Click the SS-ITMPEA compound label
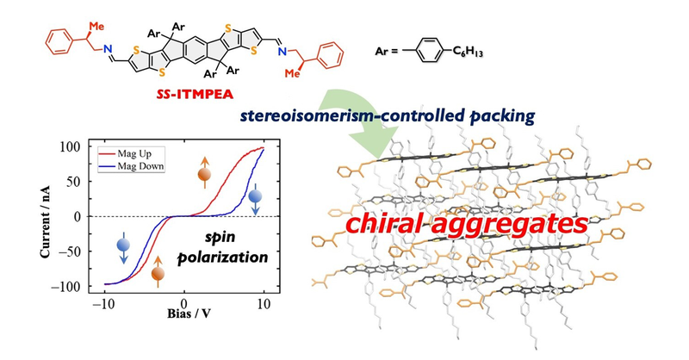coord(196,94)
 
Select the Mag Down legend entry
coord(132,166)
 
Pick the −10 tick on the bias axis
coord(104,304)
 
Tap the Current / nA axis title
coord(45,221)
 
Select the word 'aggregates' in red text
coord(505,225)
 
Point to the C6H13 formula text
coord(468,52)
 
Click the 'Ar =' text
coord(387,52)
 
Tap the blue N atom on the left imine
coord(109,49)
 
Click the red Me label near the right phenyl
coord(292,73)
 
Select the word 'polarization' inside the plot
coord(222,258)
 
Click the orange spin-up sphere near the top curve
coord(205,175)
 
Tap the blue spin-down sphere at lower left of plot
coord(123,245)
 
